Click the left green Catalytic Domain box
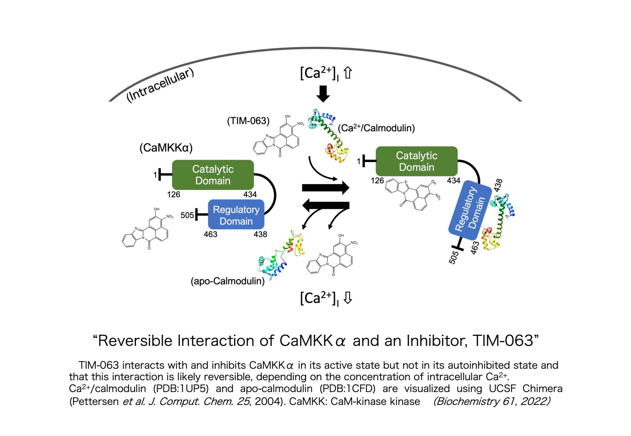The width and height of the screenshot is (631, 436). tap(212, 175)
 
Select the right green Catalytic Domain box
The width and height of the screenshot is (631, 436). tap(416, 161)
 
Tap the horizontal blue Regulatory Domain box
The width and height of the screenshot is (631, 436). tap(236, 215)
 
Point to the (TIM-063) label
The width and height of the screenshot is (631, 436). tap(248, 121)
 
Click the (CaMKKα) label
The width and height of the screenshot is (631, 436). tap(166, 148)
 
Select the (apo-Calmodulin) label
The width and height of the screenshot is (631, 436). tap(228, 281)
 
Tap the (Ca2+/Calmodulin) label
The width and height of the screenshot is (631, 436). tap(376, 128)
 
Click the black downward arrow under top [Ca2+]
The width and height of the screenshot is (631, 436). tap(323, 94)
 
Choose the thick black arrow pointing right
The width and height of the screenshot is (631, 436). tap(325, 188)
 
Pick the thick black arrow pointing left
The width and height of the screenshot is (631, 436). tap(325, 204)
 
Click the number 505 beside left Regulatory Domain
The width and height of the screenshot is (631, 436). tap(187, 215)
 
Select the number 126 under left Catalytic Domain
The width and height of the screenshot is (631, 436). tap(173, 194)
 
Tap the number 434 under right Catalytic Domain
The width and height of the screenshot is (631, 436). tap(454, 180)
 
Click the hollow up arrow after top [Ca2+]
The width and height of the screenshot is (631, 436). tap(348, 73)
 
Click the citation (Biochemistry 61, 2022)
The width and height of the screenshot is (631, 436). tap(492, 401)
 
